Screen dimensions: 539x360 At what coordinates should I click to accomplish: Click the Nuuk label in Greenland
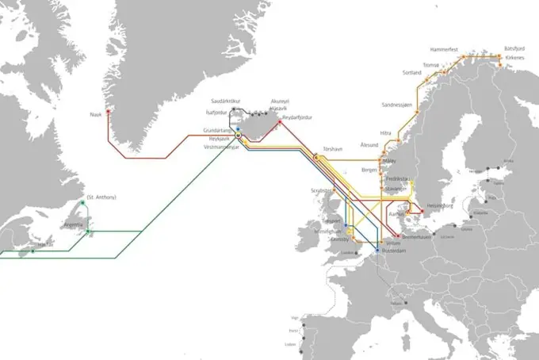[x=96, y=114]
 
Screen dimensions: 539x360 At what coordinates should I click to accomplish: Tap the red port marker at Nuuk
[x=108, y=111]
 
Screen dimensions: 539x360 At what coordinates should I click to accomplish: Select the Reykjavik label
[x=218, y=139]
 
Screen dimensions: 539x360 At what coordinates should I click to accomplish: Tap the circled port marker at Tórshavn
[x=316, y=158]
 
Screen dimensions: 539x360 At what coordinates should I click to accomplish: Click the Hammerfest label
[x=445, y=49]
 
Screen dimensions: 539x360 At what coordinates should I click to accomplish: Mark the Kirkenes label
[x=514, y=57]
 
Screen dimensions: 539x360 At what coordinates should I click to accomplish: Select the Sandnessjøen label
[x=397, y=104]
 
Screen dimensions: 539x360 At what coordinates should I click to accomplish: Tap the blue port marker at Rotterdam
[x=376, y=251]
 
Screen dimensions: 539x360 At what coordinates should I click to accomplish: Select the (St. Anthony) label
[x=101, y=197]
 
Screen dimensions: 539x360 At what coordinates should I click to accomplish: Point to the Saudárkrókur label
[x=226, y=101]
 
